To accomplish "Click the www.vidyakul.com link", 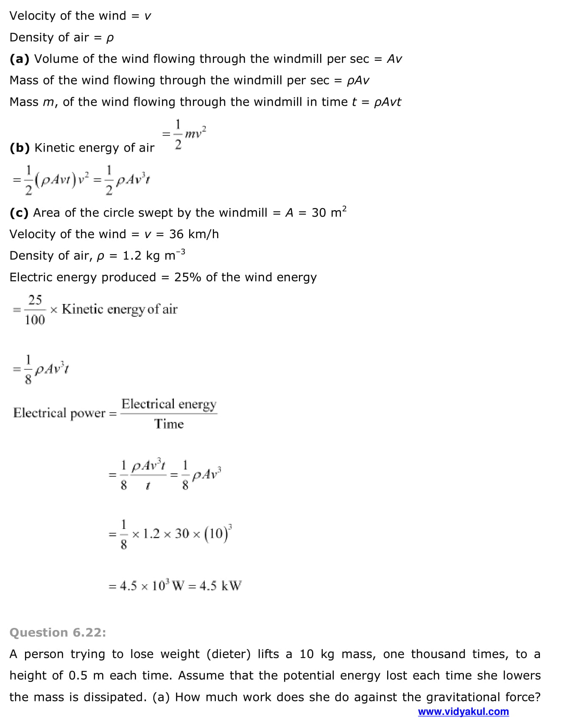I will click(x=463, y=712).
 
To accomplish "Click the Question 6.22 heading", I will click(x=58, y=633).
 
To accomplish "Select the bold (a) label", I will click(x=19, y=59).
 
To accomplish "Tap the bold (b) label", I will click(x=20, y=148).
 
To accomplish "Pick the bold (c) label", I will click(x=19, y=213).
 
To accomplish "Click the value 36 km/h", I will click(x=194, y=234).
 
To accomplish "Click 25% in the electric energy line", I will click(x=187, y=277).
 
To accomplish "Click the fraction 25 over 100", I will click(x=35, y=310).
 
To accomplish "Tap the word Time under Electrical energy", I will click(x=169, y=424).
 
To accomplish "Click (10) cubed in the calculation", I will click(x=218, y=533).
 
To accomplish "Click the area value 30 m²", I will click(x=329, y=212).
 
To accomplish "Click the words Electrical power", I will click(x=59, y=413).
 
